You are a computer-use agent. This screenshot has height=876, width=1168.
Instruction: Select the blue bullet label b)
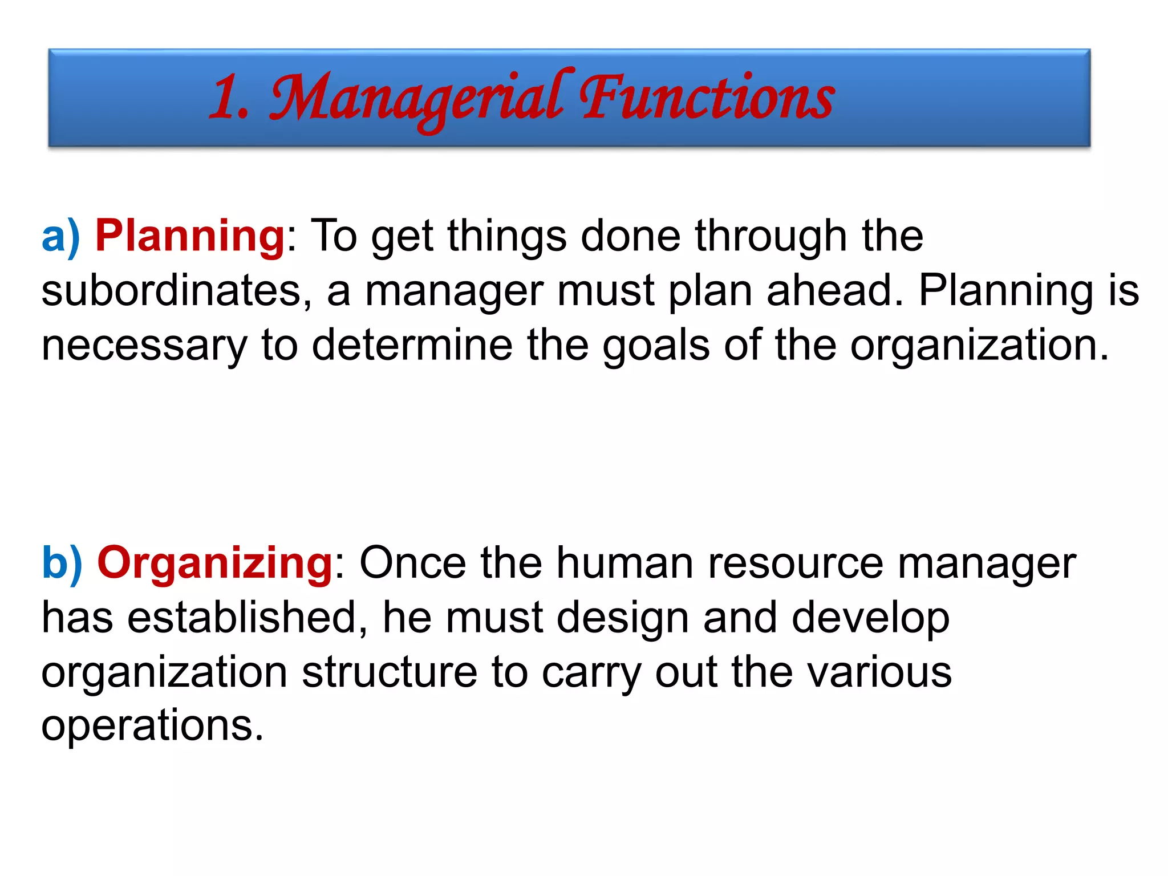pos(62,563)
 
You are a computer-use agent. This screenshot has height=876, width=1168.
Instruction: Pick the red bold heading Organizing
pos(215,563)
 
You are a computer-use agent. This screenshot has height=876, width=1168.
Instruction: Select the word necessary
pos(144,346)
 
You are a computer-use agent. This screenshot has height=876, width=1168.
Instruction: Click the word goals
pos(656,346)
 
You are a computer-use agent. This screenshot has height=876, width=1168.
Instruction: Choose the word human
pos(625,563)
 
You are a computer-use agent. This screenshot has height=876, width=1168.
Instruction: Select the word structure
pos(389,672)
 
